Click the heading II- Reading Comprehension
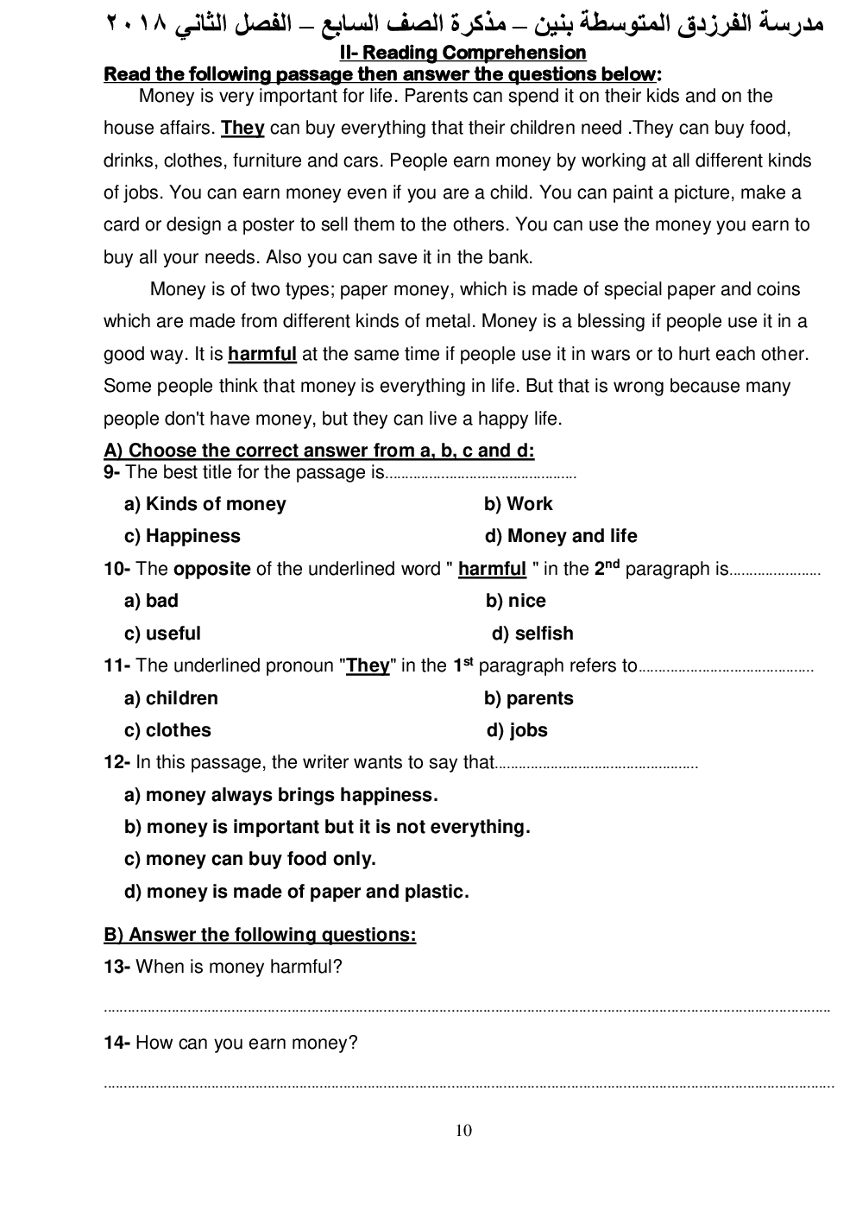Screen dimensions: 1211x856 (x=463, y=53)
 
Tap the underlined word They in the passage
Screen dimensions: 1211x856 (x=242, y=129)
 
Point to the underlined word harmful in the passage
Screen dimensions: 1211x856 (x=262, y=354)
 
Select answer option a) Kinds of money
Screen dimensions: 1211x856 (x=205, y=504)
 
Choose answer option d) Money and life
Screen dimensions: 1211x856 (x=561, y=536)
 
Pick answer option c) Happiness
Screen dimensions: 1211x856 (x=183, y=536)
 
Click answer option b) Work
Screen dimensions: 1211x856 (x=519, y=504)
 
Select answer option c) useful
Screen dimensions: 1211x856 (x=163, y=634)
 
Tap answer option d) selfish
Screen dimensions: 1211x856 (x=532, y=634)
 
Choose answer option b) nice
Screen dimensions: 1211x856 (x=516, y=601)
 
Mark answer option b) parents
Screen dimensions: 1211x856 (x=529, y=698)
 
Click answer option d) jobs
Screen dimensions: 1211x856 (x=517, y=730)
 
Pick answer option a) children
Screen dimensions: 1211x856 (x=172, y=698)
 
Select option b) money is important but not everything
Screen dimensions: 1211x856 (x=327, y=827)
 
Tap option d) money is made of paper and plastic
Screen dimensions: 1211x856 (x=297, y=892)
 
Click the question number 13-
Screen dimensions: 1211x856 (x=116, y=967)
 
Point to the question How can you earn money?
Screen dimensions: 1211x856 (x=247, y=1043)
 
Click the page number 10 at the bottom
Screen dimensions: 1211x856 (x=463, y=1131)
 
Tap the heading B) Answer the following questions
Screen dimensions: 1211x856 (x=260, y=935)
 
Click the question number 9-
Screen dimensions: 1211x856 (x=112, y=472)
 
